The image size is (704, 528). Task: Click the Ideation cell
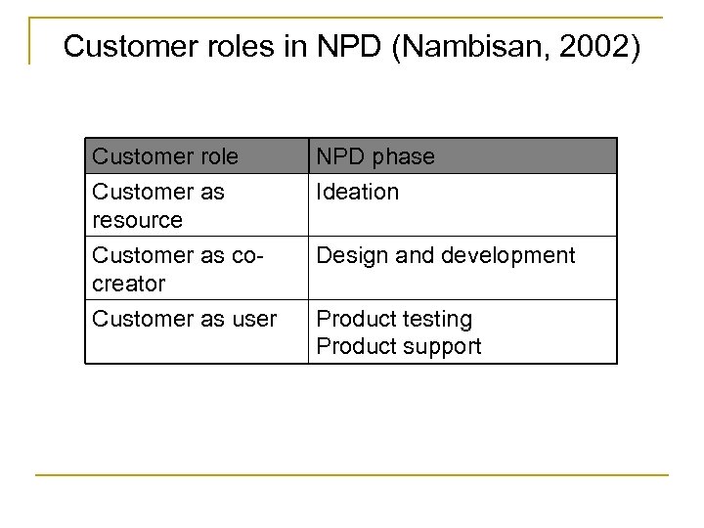pyautogui.click(x=358, y=192)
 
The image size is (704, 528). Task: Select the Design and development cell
pyautogui.click(x=446, y=255)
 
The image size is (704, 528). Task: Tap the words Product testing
pyautogui.click(x=395, y=319)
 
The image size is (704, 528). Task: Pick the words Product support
pyautogui.click(x=400, y=347)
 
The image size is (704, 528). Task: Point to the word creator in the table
pyautogui.click(x=127, y=284)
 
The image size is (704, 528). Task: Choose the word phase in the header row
pyautogui.click(x=404, y=156)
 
